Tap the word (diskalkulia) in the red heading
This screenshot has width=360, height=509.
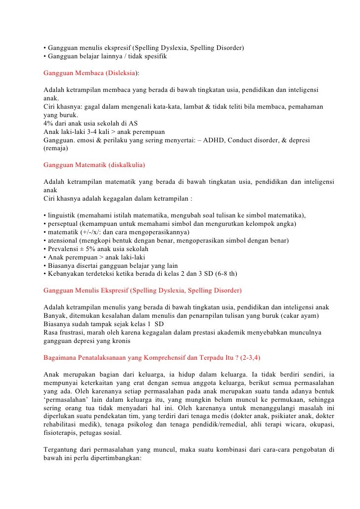click(126, 164)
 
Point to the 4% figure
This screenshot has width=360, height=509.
click(49, 124)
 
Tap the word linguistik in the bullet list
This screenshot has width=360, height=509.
click(62, 215)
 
